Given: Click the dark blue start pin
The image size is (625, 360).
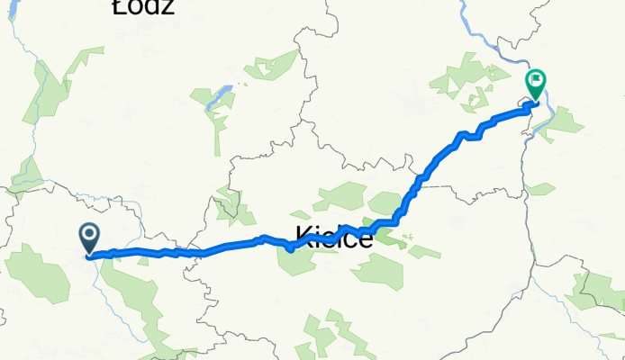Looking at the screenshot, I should pyautogui.click(x=90, y=238).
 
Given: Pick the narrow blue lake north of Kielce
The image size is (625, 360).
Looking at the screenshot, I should pyautogui.click(x=218, y=96).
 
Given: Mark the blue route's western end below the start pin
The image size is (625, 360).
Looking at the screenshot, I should pyautogui.click(x=90, y=256).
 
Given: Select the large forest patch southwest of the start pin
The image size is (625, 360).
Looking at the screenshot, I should pyautogui.click(x=38, y=274).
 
